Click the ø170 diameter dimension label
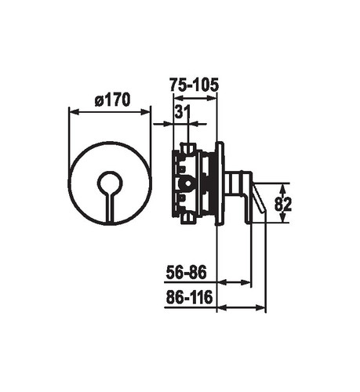tap(113, 100)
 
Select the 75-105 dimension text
tap(194, 85)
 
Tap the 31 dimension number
tap(183, 112)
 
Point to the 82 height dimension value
tap(283, 205)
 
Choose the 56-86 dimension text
tap(186, 272)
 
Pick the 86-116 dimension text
tap(189, 297)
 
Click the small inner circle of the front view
tap(110, 183)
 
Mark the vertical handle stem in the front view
tap(110, 209)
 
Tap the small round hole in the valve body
tap(187, 183)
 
